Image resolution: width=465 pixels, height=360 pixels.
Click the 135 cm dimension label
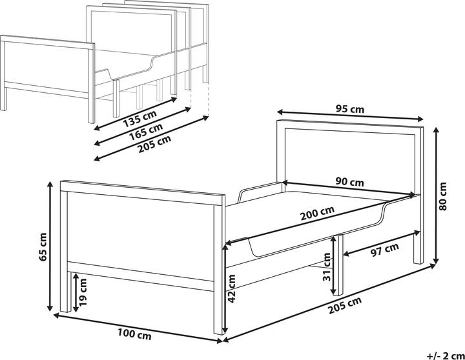(x=139, y=118)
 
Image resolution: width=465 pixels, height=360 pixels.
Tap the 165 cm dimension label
(x=146, y=131)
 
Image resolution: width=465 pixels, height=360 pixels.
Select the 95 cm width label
(x=350, y=109)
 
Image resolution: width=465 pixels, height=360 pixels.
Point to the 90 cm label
(x=349, y=182)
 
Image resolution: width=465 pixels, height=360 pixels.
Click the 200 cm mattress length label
(x=317, y=213)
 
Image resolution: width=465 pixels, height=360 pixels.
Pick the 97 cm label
(x=385, y=250)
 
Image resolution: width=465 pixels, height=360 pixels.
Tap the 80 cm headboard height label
(x=442, y=196)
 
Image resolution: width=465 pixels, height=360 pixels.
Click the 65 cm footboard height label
(x=43, y=247)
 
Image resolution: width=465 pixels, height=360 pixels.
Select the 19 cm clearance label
(x=83, y=292)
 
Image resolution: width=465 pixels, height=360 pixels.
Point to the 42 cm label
(x=232, y=288)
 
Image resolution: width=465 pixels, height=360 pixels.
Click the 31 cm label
(x=327, y=266)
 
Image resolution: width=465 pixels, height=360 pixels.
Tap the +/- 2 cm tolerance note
(x=446, y=355)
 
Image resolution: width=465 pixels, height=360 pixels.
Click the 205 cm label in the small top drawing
(x=154, y=144)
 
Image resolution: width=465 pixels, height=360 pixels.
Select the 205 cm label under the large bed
(x=345, y=305)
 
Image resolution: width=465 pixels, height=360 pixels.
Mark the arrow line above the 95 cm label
(x=350, y=115)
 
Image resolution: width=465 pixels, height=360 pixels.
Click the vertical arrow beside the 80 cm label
(x=436, y=195)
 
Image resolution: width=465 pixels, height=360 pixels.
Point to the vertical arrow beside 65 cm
(x=50, y=246)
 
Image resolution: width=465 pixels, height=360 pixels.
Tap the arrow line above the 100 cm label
(x=138, y=327)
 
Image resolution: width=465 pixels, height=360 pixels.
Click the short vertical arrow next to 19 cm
(x=76, y=292)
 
